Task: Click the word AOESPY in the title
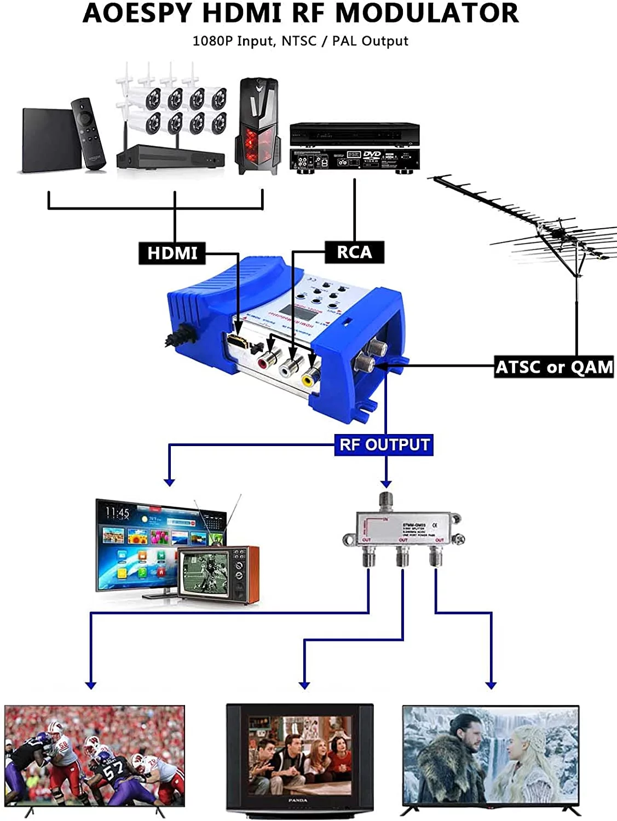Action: tap(139, 13)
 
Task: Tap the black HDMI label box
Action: tap(172, 253)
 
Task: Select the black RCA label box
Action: tap(354, 252)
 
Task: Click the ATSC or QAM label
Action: tap(554, 367)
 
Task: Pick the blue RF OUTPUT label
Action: tap(384, 444)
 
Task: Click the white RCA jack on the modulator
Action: tap(289, 368)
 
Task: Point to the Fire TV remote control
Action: tap(88, 134)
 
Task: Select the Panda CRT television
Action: tap(300, 758)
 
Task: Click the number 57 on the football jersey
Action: tap(113, 771)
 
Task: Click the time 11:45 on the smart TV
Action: tap(117, 513)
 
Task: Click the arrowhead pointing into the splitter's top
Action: tap(386, 484)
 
